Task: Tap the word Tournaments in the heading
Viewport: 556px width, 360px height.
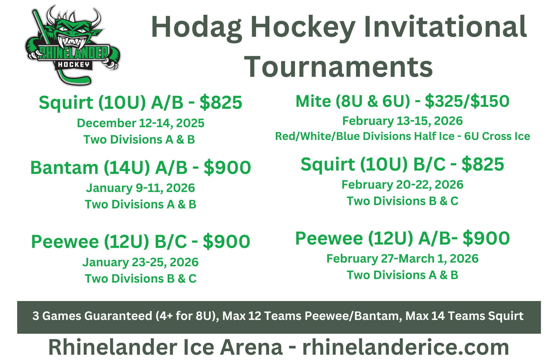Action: (338, 67)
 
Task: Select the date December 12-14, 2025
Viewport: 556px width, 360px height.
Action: (141, 123)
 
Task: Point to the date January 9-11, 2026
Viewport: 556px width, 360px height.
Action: (141, 188)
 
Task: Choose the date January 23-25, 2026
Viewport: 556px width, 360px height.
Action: (141, 262)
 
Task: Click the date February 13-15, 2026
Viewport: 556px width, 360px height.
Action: (403, 121)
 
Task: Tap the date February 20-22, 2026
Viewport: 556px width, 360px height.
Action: (403, 185)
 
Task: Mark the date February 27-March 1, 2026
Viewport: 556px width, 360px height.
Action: (403, 259)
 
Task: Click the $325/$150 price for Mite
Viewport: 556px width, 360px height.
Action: (467, 101)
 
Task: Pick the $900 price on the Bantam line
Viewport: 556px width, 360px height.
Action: (227, 168)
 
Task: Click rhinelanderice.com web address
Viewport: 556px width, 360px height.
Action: (406, 347)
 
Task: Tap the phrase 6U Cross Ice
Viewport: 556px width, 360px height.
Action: (497, 136)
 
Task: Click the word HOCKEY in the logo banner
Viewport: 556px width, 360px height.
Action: (73, 65)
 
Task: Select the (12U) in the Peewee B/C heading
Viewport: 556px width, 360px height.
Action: (127, 242)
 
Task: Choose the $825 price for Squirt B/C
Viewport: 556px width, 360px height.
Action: (483, 164)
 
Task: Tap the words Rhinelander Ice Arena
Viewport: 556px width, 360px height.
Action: (166, 347)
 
